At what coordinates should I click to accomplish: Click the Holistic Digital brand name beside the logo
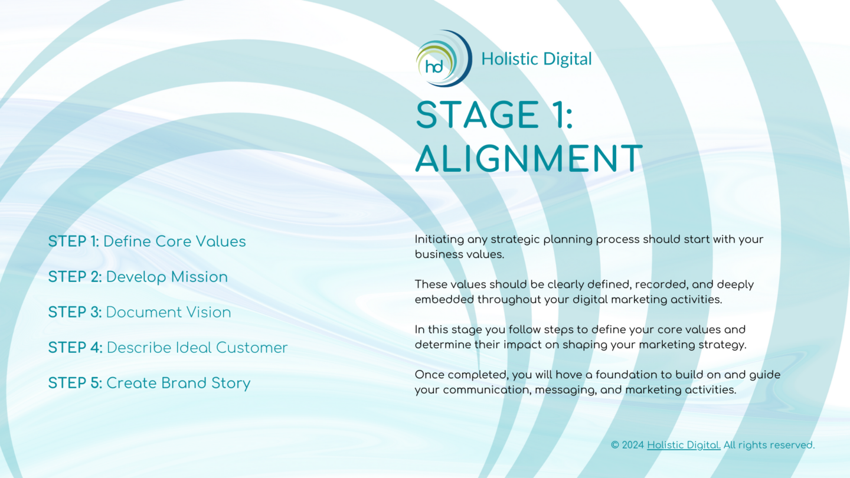[x=536, y=59]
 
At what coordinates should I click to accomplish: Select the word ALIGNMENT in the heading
[x=529, y=158]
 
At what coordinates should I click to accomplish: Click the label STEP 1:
[x=74, y=241]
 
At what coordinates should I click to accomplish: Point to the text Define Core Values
[x=175, y=241]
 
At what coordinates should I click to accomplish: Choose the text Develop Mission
[x=167, y=277]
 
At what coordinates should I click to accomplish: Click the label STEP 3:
[x=75, y=312]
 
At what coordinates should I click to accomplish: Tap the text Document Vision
[x=169, y=312]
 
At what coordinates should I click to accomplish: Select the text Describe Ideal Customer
[x=197, y=348]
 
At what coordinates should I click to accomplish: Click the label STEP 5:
[x=75, y=383]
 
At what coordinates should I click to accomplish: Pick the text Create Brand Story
[x=178, y=383]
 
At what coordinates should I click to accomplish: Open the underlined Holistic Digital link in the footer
[x=684, y=445]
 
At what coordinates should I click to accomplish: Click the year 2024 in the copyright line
[x=633, y=445]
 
